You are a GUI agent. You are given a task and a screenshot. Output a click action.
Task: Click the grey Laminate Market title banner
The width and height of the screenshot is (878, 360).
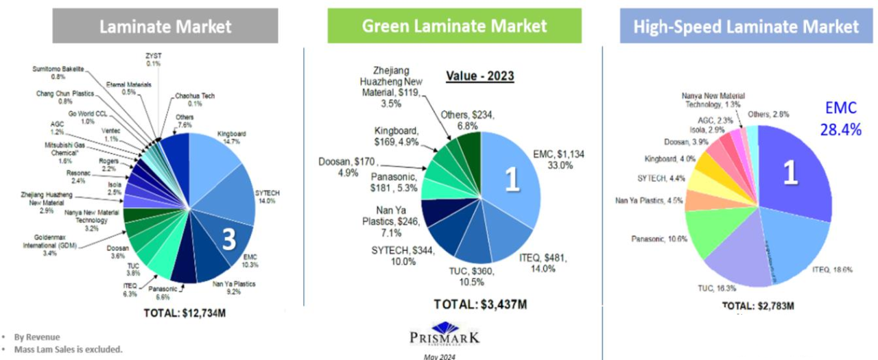(x=165, y=26)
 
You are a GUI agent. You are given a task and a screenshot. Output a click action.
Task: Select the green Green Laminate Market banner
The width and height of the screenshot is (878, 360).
(x=454, y=26)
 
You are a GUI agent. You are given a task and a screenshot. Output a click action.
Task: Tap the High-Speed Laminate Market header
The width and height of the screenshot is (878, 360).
(x=746, y=26)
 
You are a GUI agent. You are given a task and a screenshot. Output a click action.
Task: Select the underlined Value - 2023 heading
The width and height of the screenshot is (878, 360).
(x=481, y=76)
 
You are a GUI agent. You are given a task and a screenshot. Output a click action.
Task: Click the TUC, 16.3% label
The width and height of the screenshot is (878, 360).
(x=718, y=290)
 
